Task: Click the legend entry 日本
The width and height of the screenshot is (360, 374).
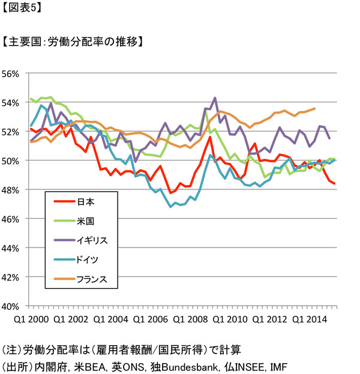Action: (x=85, y=201)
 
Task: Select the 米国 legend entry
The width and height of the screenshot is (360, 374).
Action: (x=85, y=221)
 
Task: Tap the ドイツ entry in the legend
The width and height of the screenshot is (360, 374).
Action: (x=88, y=259)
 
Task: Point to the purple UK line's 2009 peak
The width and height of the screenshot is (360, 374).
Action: (x=215, y=98)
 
